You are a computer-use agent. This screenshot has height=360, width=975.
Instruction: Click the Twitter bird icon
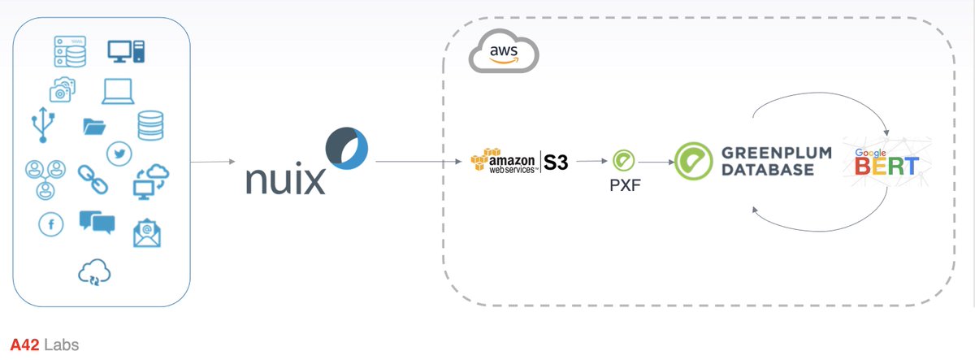(119, 153)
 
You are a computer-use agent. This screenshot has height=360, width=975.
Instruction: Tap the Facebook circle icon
(51, 225)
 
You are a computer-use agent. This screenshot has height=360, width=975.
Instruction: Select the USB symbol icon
(43, 127)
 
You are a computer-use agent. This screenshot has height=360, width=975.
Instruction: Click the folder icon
(95, 127)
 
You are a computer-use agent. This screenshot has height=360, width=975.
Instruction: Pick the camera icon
(63, 89)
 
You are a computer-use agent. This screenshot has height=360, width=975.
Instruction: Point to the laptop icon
(118, 91)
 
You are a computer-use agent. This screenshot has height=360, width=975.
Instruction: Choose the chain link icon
(93, 179)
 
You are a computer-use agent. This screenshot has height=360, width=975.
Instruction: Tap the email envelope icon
(147, 232)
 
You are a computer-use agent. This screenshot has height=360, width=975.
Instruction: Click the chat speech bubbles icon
(97, 222)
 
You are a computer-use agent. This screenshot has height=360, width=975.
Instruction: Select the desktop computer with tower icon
(126, 51)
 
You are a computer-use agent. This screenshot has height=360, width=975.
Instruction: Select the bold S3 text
(555, 163)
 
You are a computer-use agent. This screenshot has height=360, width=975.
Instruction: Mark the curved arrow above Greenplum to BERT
(821, 102)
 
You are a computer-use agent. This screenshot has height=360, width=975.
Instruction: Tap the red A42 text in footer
(24, 345)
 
